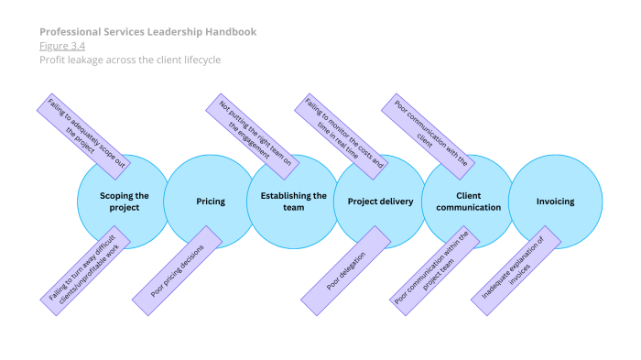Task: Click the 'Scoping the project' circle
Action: [124, 202]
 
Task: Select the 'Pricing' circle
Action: [211, 202]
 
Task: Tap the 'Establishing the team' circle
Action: [294, 202]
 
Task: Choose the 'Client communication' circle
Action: [468, 202]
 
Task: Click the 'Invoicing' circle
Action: [555, 202]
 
